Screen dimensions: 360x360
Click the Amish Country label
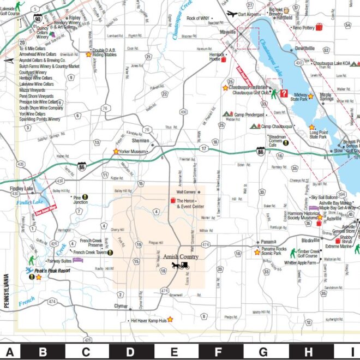click(181, 256)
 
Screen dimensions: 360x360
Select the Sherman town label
click(141, 139)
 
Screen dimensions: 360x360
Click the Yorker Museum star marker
click(116, 151)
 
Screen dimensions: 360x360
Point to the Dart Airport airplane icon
click(231, 14)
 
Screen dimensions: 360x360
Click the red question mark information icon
click(284, 93)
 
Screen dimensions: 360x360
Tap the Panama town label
click(268, 242)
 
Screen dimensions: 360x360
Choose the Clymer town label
click(121, 306)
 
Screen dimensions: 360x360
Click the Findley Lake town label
click(21, 189)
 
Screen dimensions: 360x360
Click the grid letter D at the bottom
click(130, 352)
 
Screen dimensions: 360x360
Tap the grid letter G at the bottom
click(263, 352)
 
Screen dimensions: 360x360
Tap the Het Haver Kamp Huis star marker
click(170, 319)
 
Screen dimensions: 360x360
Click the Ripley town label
click(75, 17)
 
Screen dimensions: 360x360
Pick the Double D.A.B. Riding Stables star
click(88, 55)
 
